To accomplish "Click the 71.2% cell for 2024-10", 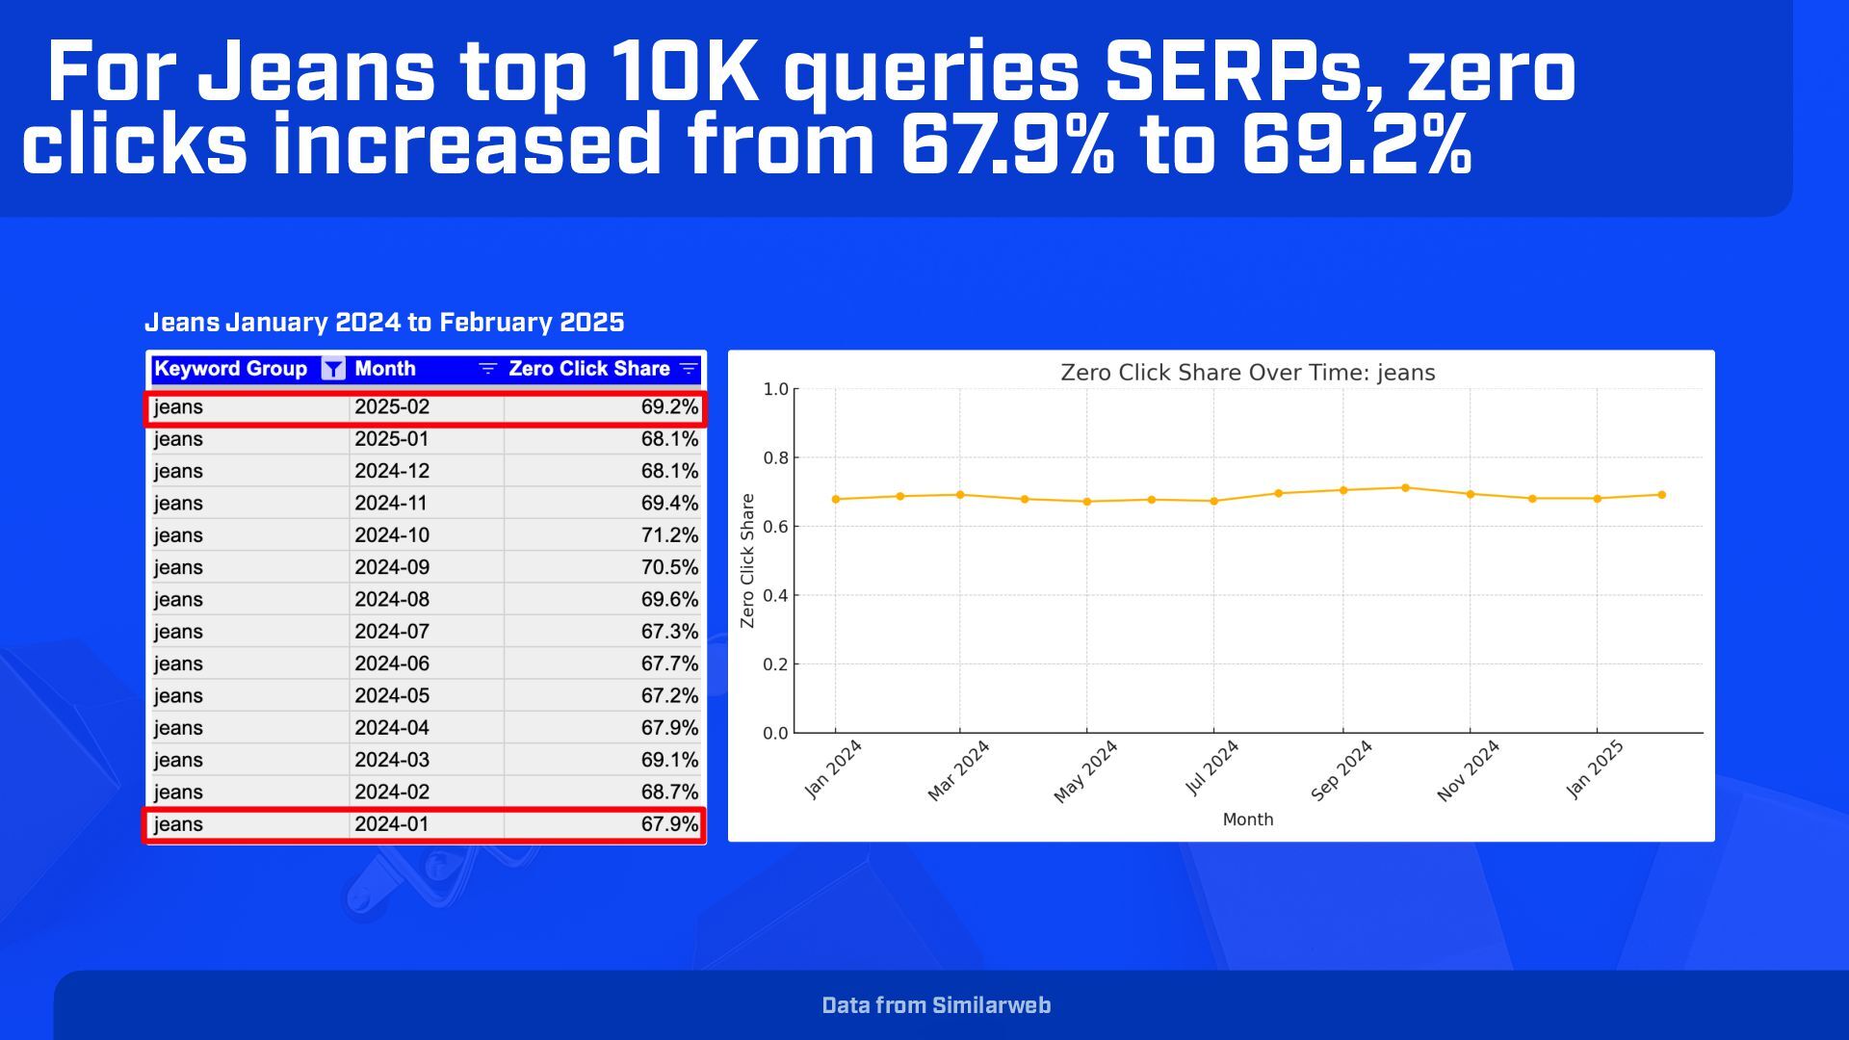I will [x=669, y=535].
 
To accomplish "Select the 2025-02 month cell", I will [x=392, y=407].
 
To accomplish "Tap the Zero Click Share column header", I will [x=588, y=369].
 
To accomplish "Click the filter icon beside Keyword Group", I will [x=332, y=369].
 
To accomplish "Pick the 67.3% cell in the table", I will [x=669, y=632].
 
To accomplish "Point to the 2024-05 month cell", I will [x=392, y=696].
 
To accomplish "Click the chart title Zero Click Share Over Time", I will [x=1247, y=373].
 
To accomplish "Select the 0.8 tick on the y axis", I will [x=775, y=458].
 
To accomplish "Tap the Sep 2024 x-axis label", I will [x=1341, y=770].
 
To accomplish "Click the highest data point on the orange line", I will [x=1405, y=488].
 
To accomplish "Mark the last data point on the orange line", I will [x=1661, y=495].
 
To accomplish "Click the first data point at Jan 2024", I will [x=836, y=499].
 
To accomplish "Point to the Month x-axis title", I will [x=1247, y=819].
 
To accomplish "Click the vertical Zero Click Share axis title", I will [x=747, y=560].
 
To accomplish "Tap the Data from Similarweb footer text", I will [x=936, y=1005].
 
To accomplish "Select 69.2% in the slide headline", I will [x=1356, y=146].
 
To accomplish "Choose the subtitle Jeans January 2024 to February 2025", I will [x=384, y=323].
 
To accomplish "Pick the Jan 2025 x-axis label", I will [x=1595, y=769].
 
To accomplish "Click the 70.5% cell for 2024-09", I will [x=669, y=568].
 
